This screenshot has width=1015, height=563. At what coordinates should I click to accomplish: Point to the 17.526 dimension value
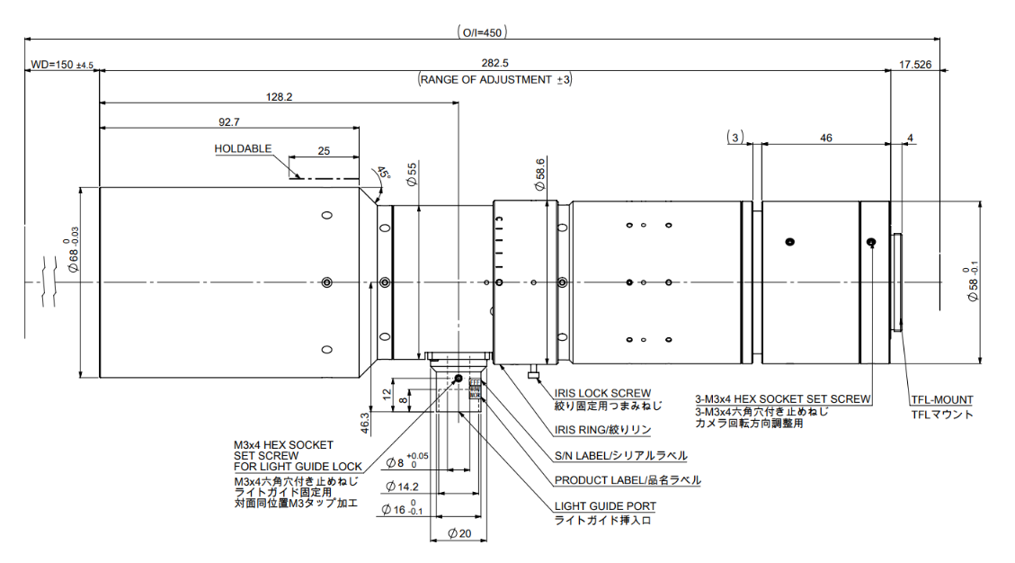[x=914, y=64]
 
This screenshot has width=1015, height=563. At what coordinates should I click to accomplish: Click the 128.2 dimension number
[x=280, y=96]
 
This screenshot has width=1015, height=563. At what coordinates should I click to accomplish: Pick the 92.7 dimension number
[x=229, y=121]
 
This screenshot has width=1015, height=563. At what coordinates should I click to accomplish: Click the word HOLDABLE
[x=243, y=148]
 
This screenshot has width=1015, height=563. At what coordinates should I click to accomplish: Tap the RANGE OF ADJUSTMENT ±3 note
[x=495, y=79]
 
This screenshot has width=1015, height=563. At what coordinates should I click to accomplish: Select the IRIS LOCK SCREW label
[x=603, y=393]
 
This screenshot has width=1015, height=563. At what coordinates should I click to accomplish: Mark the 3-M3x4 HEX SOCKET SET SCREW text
[x=782, y=398]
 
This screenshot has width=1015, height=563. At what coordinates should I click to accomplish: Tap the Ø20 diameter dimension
[x=459, y=534]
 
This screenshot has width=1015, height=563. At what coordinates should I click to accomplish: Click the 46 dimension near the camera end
[x=826, y=138]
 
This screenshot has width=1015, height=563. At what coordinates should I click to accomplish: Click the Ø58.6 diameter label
[x=539, y=174]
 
